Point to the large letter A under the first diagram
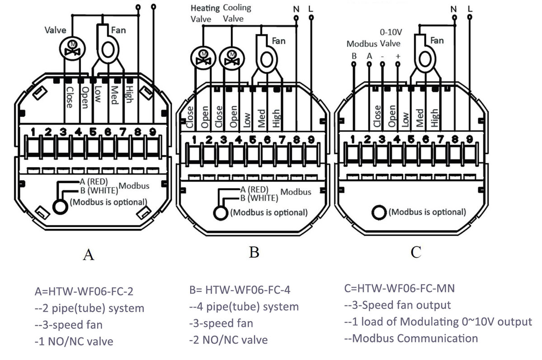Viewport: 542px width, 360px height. [89, 255]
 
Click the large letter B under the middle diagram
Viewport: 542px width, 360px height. [254, 252]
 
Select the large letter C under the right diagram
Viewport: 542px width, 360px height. [416, 252]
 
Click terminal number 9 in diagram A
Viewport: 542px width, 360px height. [153, 132]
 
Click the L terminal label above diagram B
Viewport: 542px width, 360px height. [310, 9]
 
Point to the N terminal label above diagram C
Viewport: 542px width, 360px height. [453, 9]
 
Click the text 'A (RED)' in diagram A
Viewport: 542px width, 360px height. [93, 181]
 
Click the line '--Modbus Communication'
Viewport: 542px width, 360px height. [411, 338]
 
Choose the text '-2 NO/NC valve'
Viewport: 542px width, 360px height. [228, 340]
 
